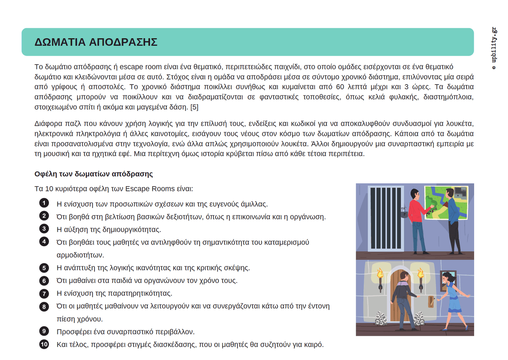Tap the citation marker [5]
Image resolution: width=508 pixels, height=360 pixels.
(195, 107)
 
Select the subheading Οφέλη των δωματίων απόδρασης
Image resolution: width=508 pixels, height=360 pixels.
(94, 174)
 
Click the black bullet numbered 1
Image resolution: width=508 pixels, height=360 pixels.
(44, 203)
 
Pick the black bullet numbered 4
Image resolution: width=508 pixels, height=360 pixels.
(44, 242)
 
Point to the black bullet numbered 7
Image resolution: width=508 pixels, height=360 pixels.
(44, 293)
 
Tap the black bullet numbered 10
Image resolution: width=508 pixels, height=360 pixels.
(44, 345)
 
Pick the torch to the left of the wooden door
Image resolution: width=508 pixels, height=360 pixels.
(380, 280)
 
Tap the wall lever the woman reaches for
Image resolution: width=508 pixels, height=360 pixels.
(430, 301)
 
